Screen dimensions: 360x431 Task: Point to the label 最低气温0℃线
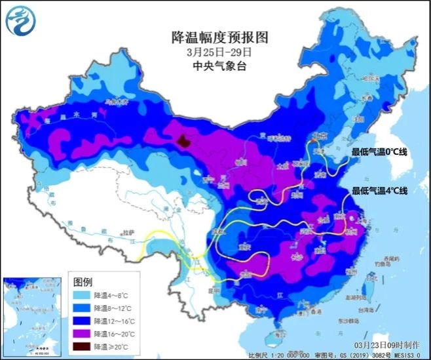pos(379,152)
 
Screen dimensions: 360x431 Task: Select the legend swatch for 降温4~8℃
pos(82,296)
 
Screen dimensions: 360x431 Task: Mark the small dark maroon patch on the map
pos(185,140)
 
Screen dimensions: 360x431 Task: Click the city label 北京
pos(319,136)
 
